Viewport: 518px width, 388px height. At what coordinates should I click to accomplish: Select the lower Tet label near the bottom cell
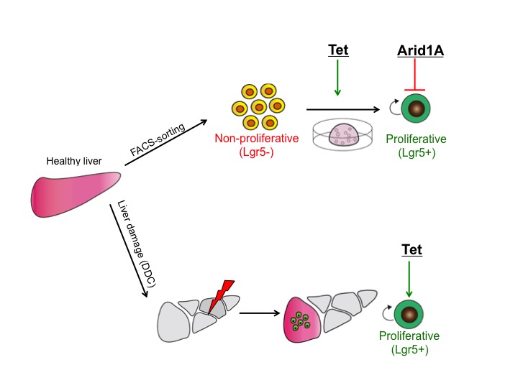(411, 250)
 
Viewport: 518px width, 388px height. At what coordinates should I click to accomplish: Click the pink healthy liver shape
(76, 194)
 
